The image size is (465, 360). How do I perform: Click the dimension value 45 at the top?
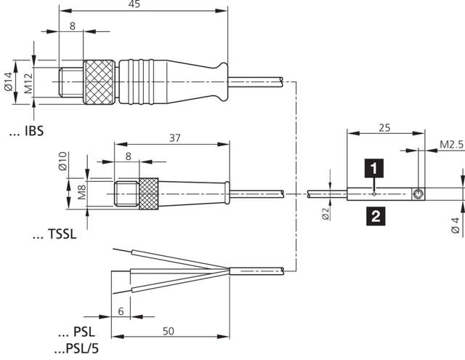tap(134, 5)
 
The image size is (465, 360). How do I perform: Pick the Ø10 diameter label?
tap(63, 161)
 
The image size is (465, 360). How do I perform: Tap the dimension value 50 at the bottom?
tap(169, 331)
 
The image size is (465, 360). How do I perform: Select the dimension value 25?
tap(386, 128)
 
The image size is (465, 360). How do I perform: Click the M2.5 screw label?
tap(451, 145)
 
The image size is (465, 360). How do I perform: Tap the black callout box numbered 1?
tap(373, 169)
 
